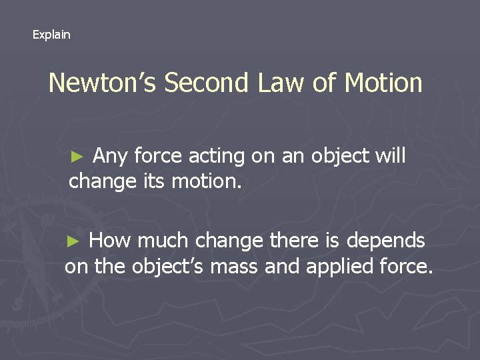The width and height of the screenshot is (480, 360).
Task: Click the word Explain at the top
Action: (51, 35)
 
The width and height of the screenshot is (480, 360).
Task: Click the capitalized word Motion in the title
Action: (383, 83)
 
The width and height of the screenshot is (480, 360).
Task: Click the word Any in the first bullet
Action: (111, 157)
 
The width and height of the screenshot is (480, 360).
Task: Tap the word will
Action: (390, 157)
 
